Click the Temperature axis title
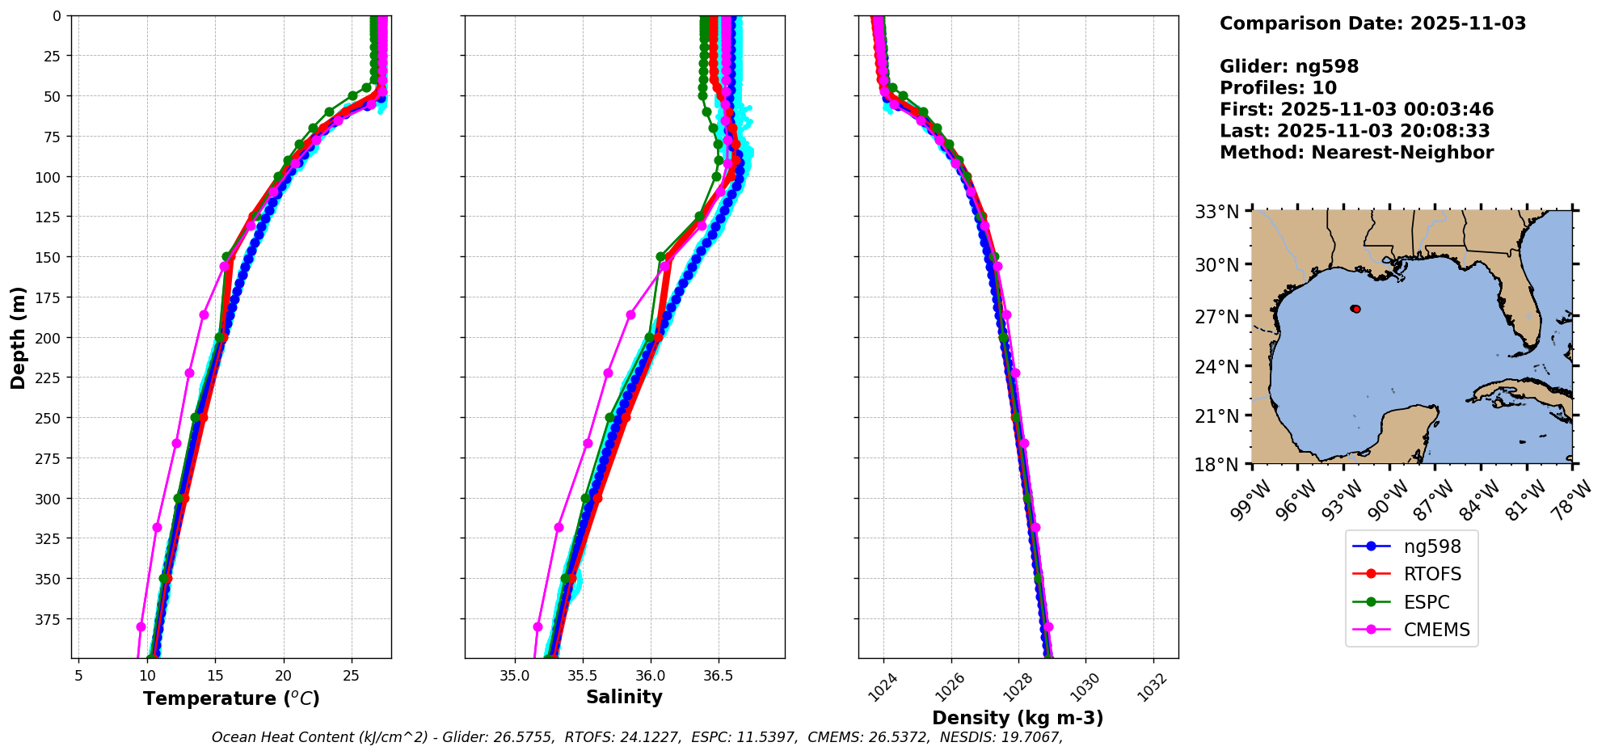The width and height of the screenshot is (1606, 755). click(x=231, y=698)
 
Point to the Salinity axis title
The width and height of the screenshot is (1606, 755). click(x=624, y=698)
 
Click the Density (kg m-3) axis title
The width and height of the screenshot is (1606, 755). click(x=1018, y=718)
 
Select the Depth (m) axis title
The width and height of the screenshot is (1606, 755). click(x=18, y=337)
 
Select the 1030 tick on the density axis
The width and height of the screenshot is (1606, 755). click(x=1085, y=683)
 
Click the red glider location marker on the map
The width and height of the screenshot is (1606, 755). click(x=1355, y=309)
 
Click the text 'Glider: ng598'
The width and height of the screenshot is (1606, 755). click(x=1289, y=66)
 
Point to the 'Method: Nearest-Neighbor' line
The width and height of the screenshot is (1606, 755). click(x=1356, y=152)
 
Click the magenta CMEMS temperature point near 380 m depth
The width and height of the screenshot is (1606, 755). click(x=141, y=626)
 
